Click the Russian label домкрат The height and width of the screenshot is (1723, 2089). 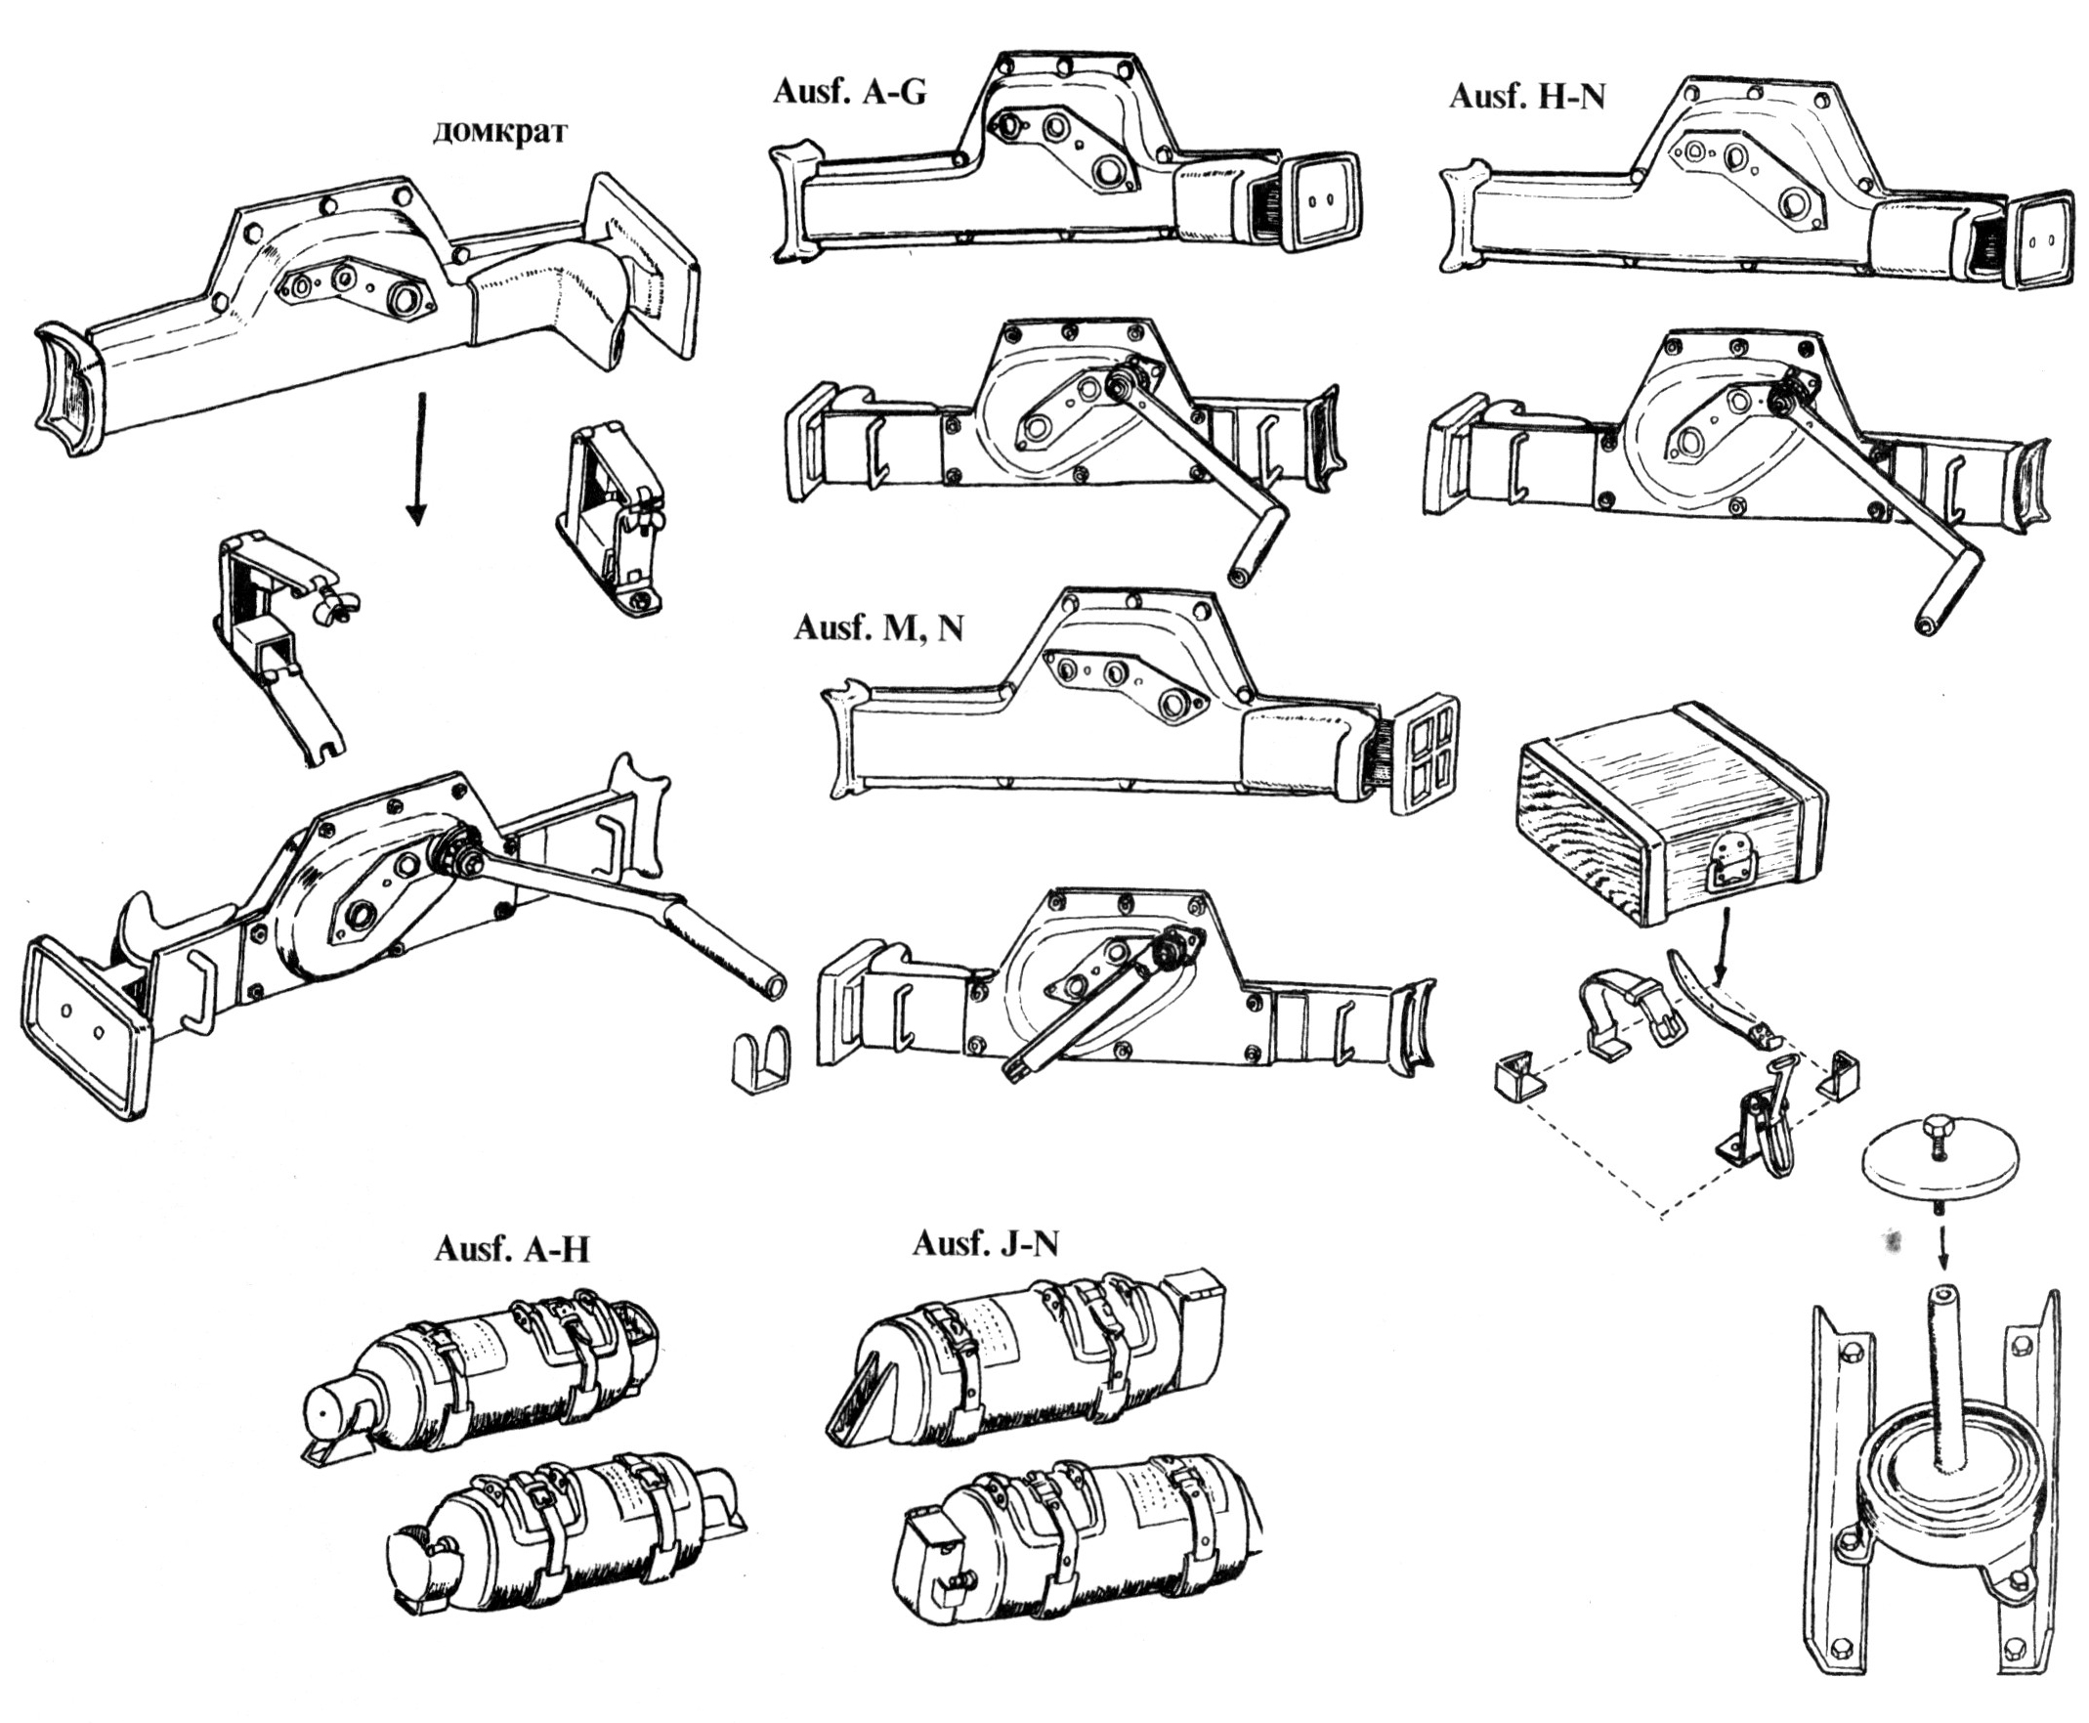[500, 132]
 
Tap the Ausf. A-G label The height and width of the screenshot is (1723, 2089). [848, 92]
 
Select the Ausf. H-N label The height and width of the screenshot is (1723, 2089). [1526, 97]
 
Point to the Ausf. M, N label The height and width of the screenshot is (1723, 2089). [878, 629]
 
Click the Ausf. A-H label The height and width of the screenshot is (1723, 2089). [511, 1249]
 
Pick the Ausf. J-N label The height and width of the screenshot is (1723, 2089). [986, 1243]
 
